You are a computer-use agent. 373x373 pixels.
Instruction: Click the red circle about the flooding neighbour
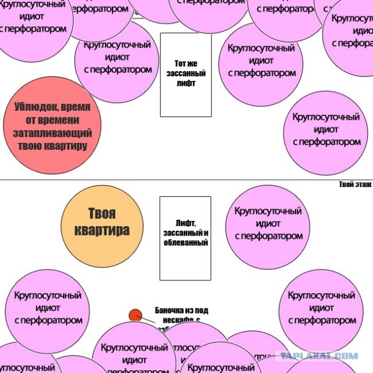(52, 125)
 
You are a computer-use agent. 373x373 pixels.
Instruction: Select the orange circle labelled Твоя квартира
(102, 222)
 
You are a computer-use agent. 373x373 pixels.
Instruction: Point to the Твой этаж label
(355, 185)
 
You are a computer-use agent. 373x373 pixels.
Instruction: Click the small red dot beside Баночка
(135, 315)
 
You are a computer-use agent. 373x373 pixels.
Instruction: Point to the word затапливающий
(52, 133)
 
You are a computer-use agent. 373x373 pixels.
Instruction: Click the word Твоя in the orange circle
(102, 213)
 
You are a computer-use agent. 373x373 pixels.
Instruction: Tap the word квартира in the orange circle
(102, 230)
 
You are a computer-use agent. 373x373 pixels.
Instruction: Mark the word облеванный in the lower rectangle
(186, 242)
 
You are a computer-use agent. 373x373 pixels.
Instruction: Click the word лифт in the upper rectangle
(185, 83)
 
